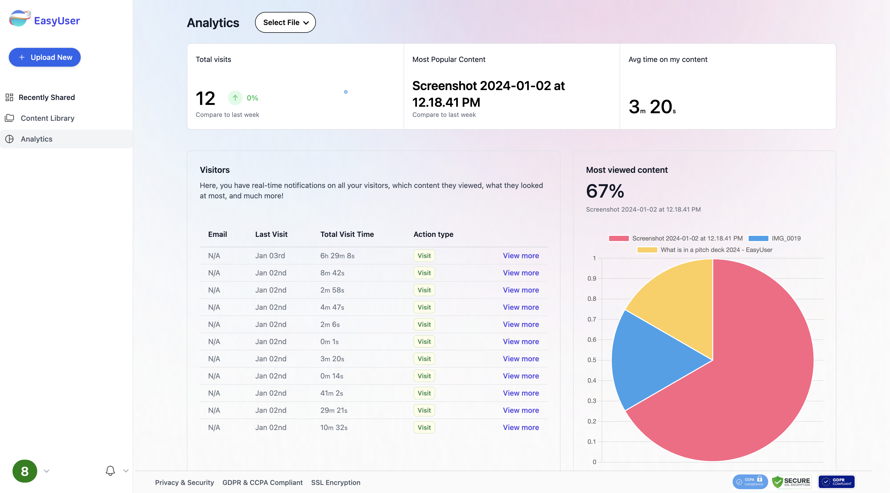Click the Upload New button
click(44, 57)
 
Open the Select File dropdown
click(285, 22)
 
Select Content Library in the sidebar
click(47, 118)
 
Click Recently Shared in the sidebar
click(47, 97)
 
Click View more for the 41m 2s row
click(521, 393)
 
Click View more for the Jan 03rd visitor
click(521, 256)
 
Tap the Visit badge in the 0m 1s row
click(424, 342)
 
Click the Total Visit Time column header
click(347, 234)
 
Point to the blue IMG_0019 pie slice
click(653, 359)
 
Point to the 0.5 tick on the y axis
click(592, 360)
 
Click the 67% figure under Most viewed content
click(605, 191)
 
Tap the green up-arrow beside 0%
click(235, 98)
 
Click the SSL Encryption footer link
click(335, 483)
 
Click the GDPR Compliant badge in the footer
click(836, 482)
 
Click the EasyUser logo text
click(57, 21)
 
